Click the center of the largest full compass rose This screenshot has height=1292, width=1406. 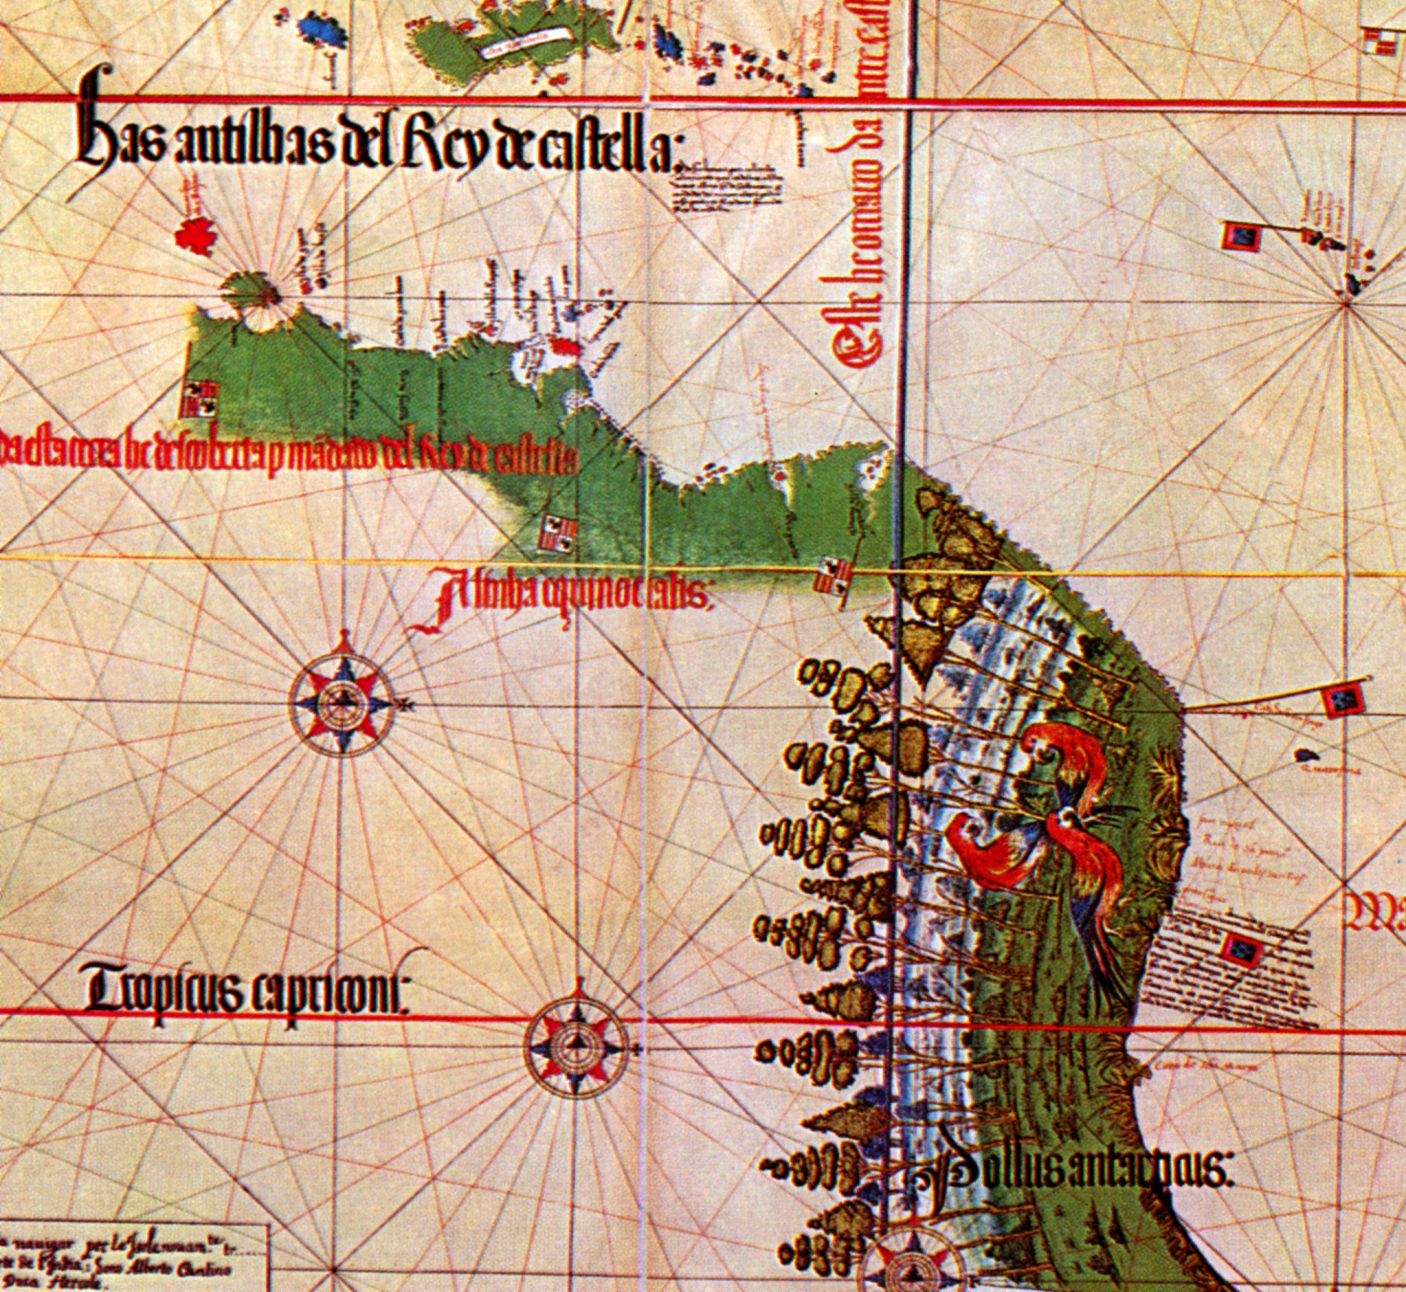coord(341,704)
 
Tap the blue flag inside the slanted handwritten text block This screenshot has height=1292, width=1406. coord(1241,950)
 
